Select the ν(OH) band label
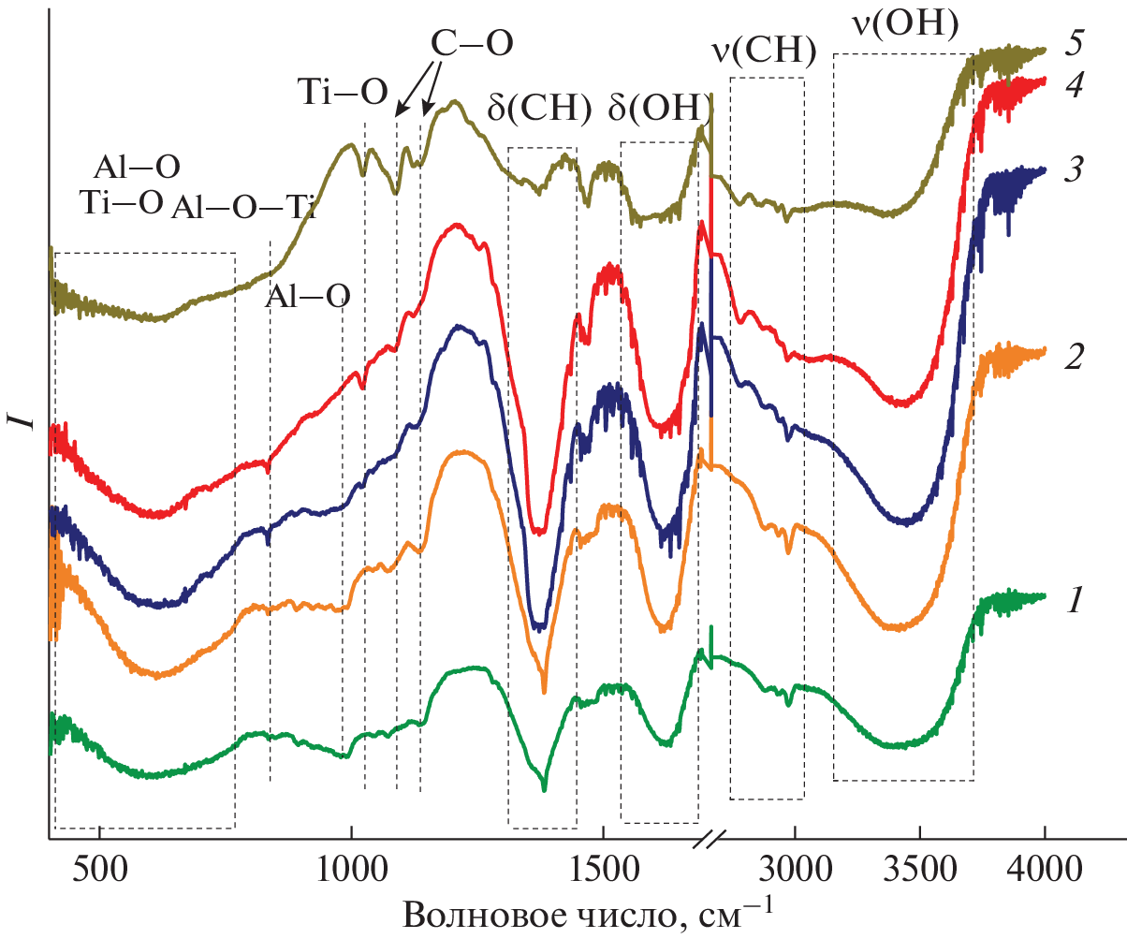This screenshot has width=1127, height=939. pos(904,24)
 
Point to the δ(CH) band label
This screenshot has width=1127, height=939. pos(540,109)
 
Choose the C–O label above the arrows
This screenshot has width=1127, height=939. pos(472,43)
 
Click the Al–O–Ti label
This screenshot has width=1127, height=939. pos(243,208)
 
